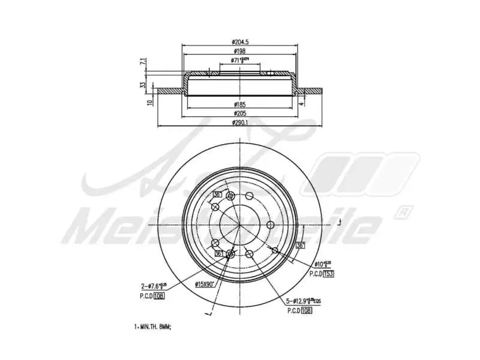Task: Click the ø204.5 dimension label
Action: coord(239,41)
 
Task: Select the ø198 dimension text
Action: coord(239,52)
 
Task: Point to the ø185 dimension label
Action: coord(239,104)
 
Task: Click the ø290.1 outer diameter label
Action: coord(239,123)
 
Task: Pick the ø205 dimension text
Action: coord(239,113)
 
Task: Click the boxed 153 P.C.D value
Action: coord(328,274)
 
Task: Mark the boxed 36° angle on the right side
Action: coord(300,245)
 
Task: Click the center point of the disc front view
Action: coord(239,225)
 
